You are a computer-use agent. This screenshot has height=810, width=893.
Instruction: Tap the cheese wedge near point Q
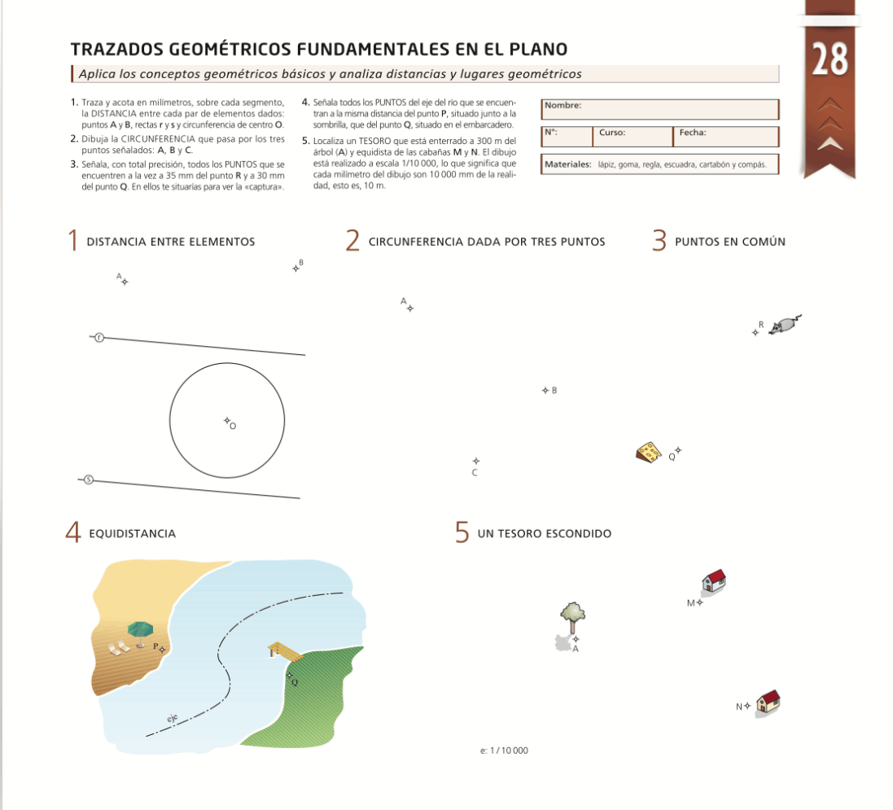coord(649,452)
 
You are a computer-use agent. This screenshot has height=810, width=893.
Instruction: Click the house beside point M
coord(714,580)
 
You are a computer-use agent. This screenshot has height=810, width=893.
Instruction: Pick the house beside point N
coord(768,701)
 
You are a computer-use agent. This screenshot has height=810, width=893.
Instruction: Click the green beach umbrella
coord(140,630)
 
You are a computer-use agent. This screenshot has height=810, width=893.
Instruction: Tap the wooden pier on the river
coord(284,650)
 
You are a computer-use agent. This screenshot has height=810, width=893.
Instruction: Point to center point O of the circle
coord(227,421)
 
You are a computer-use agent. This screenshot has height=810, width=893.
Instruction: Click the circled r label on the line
coord(99,337)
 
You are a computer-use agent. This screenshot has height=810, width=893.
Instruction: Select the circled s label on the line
coord(89,479)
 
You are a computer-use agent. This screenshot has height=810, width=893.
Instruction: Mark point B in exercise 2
coord(545,391)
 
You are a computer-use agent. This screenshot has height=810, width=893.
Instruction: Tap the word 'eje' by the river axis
coord(172,719)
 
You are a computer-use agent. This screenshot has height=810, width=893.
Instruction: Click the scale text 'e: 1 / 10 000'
coord(504,750)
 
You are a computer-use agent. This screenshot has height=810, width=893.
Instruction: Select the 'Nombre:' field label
coord(563,106)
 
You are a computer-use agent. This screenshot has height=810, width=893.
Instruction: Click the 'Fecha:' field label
coord(693,132)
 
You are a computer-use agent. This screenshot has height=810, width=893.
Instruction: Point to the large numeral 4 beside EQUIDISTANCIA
coord(73,533)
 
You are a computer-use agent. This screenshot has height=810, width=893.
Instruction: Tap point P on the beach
coord(162,649)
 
